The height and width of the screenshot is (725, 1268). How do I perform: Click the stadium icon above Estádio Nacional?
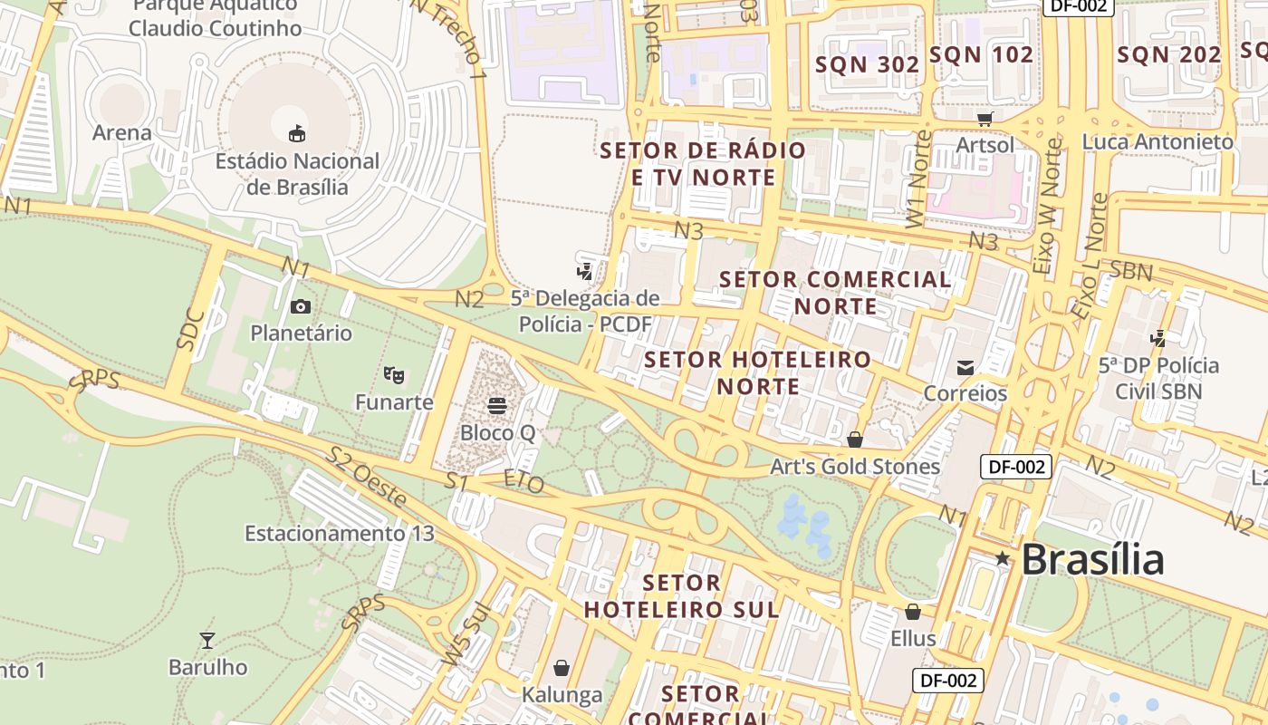(x=296, y=134)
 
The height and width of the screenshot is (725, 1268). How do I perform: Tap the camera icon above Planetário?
(x=301, y=306)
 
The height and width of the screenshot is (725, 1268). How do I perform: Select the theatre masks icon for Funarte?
(x=393, y=373)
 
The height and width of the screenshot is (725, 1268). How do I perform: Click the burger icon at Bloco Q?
(x=496, y=405)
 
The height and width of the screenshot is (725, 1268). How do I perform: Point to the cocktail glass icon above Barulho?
(x=207, y=641)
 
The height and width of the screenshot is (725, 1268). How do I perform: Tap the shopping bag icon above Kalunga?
(x=562, y=669)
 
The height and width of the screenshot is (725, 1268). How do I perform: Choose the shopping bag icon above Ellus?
(x=913, y=612)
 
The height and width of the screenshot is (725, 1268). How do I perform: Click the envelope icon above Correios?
(x=965, y=367)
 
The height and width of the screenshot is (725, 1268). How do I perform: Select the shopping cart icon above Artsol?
(x=985, y=118)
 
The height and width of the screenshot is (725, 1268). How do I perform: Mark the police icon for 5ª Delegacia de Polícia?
(x=585, y=270)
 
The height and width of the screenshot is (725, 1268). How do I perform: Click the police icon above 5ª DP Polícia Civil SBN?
(x=1158, y=338)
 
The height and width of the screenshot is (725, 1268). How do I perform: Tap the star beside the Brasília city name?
(x=1002, y=559)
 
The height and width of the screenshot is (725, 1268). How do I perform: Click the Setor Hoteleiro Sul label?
(x=682, y=595)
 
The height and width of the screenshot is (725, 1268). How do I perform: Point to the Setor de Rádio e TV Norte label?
(x=704, y=163)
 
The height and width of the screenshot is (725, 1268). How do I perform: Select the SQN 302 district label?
(x=868, y=64)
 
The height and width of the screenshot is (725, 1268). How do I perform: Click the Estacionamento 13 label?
(x=340, y=533)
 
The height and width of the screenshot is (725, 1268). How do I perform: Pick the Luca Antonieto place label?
(x=1158, y=142)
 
